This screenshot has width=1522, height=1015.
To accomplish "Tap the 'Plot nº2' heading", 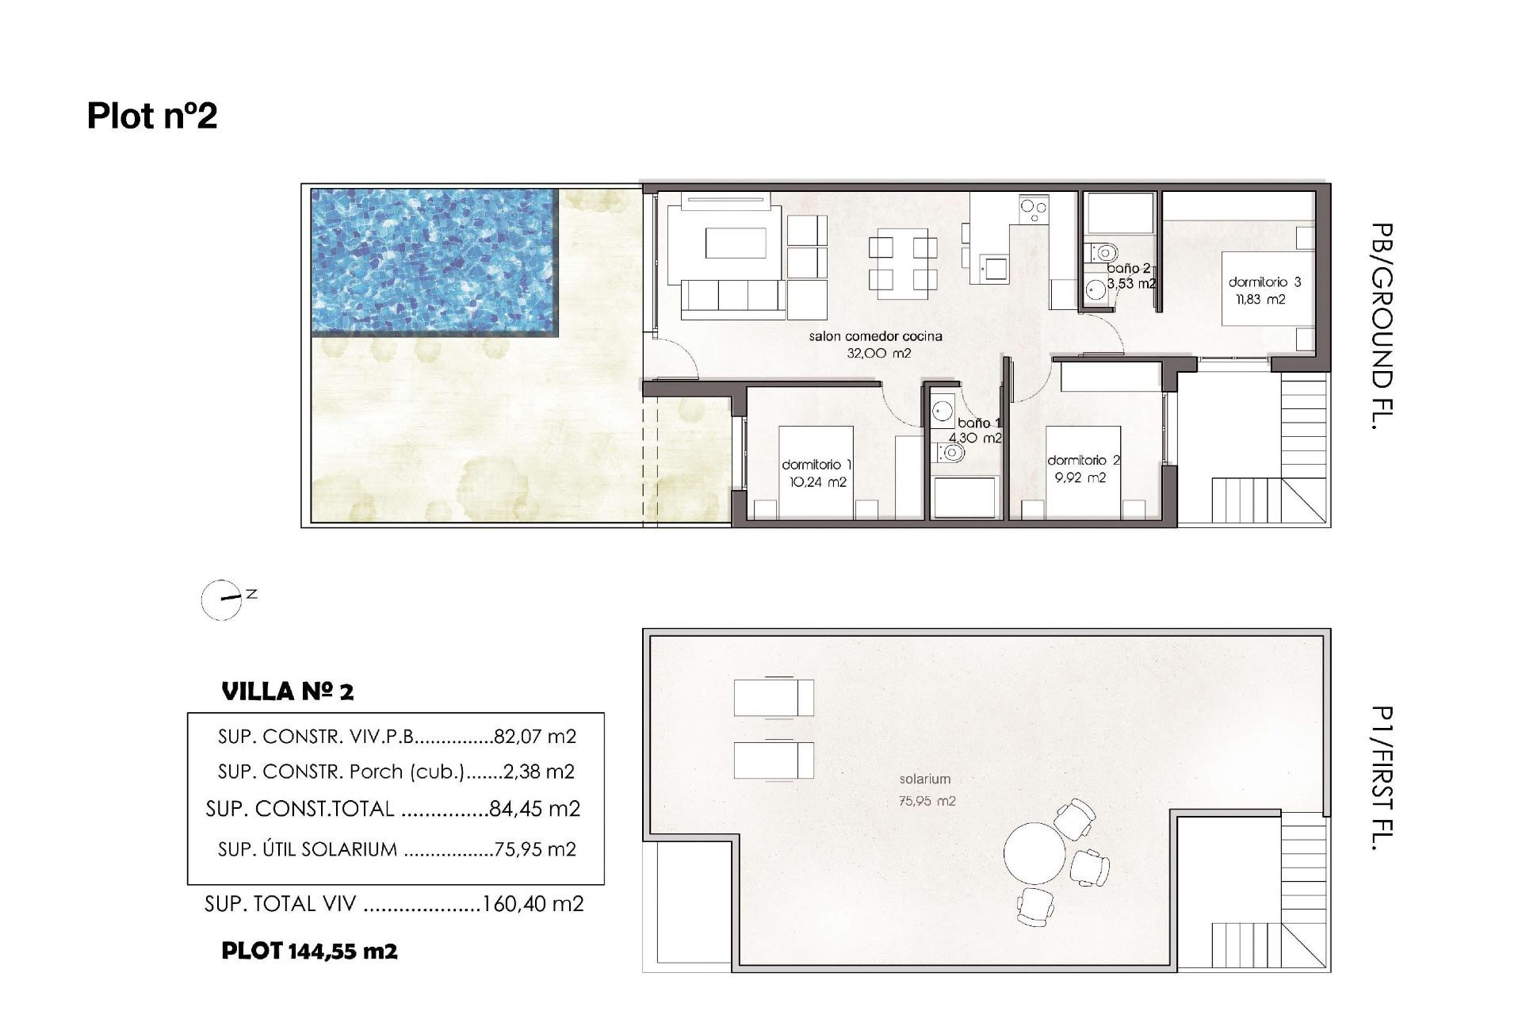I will [152, 116].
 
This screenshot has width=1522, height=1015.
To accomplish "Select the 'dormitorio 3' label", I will [1264, 282].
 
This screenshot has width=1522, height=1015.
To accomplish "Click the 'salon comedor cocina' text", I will [875, 336].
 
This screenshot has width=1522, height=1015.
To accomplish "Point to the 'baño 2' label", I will [1128, 269].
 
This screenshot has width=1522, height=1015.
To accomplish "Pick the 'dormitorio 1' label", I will [816, 465].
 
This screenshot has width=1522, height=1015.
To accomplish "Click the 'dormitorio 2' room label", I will [1083, 460].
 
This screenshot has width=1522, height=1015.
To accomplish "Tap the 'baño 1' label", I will [977, 423].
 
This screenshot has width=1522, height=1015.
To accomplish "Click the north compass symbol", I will [223, 599].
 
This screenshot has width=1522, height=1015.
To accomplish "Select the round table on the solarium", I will [1034, 853].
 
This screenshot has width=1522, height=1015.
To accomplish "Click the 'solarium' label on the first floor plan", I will [925, 779].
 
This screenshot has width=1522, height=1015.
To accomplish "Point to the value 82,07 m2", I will [535, 737].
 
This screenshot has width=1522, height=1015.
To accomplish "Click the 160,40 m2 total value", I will [533, 904].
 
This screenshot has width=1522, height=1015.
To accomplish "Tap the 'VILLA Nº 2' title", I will [288, 691].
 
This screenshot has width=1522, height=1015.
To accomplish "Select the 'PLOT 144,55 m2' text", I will [309, 951].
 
